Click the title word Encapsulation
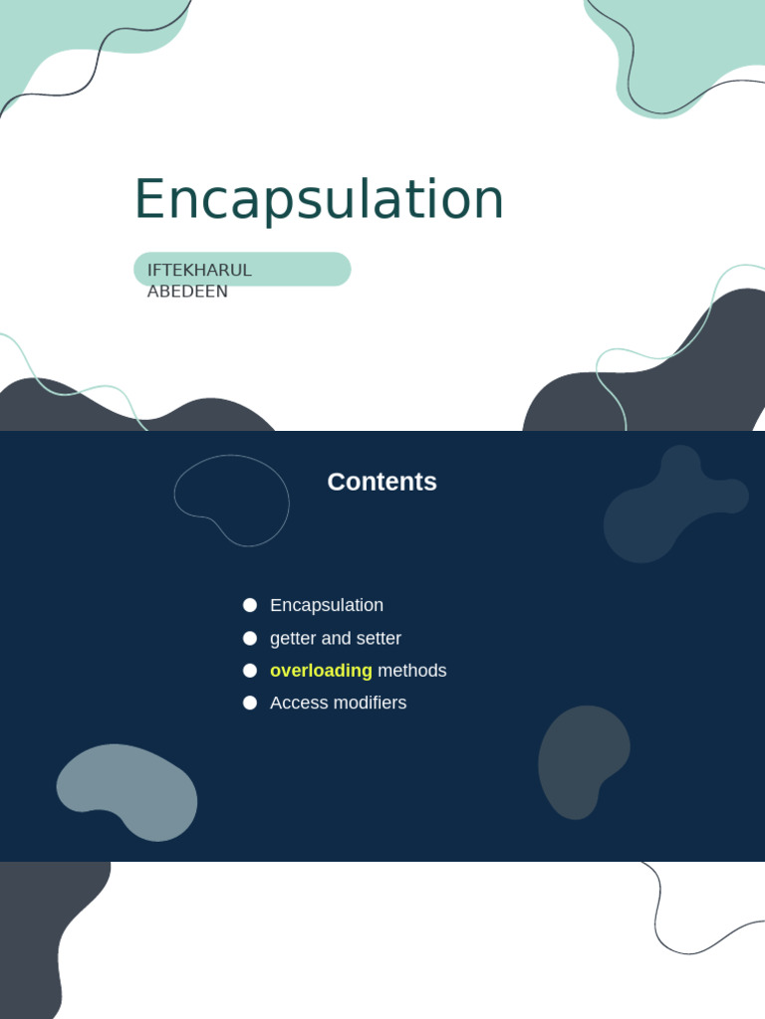coord(319,199)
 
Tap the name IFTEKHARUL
coord(199,270)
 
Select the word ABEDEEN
coord(187,292)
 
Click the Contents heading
coord(382,482)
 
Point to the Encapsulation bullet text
coord(327,605)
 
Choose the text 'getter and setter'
coord(336,638)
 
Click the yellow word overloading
coord(321,671)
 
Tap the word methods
coord(412,671)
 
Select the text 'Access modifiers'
coord(338,703)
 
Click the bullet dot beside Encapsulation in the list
coord(250,605)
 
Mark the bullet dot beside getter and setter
coord(250,638)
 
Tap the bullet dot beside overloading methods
coord(250,671)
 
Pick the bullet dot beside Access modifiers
coord(250,703)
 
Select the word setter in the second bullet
coord(378,638)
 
